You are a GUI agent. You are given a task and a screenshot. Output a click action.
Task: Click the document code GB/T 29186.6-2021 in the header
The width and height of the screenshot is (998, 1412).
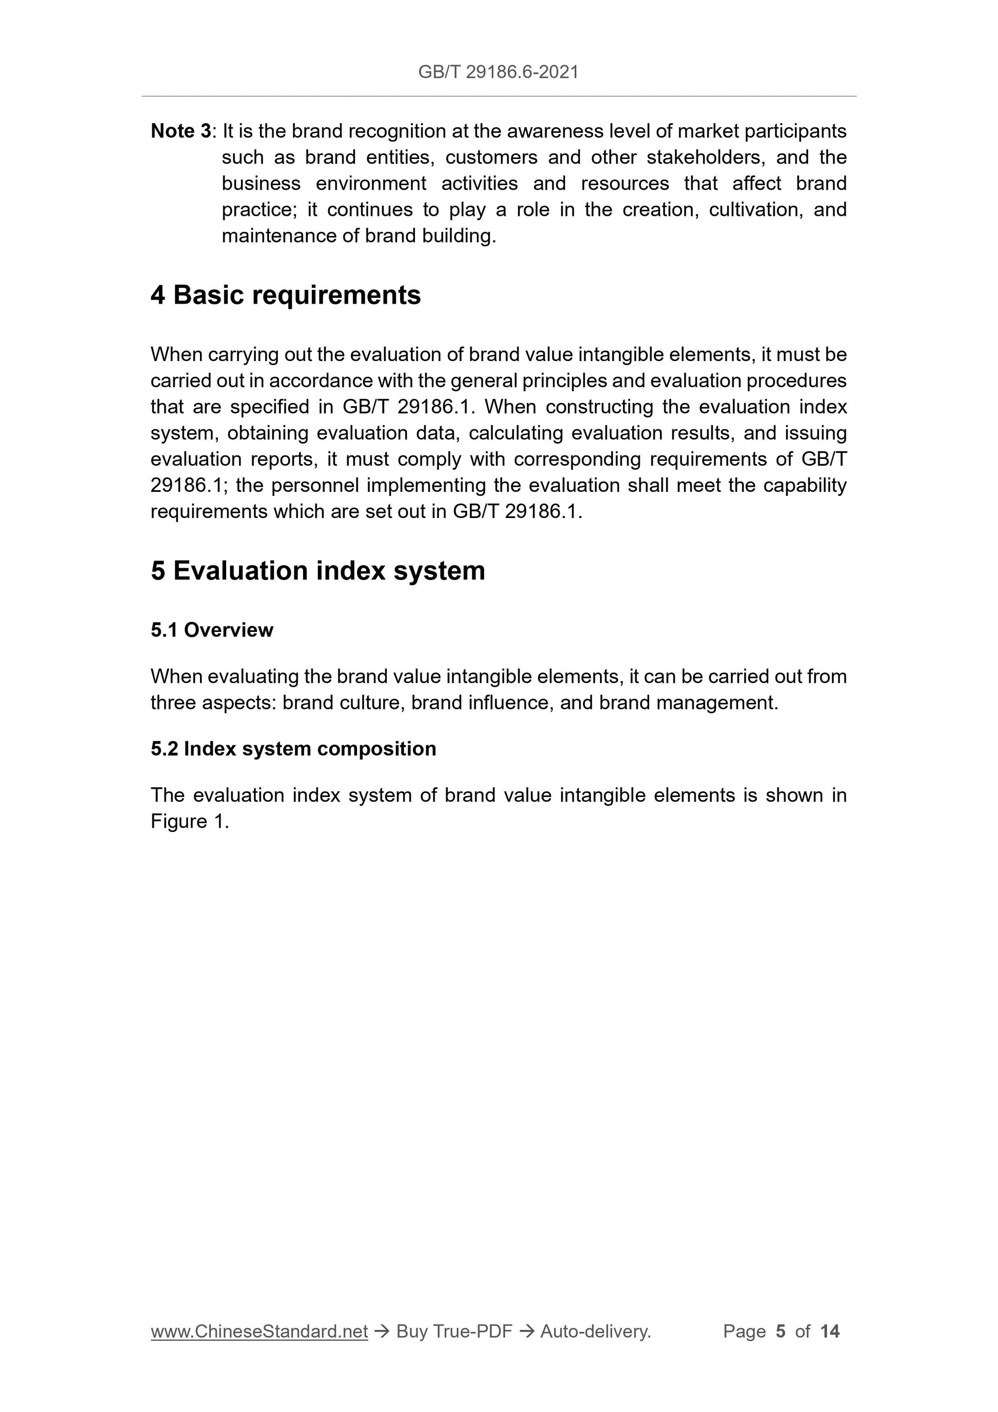pos(498,72)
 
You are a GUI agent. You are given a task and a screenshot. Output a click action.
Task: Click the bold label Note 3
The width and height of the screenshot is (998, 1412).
pos(181,131)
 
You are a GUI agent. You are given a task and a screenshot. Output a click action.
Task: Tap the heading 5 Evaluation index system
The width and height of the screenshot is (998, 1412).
pos(317,571)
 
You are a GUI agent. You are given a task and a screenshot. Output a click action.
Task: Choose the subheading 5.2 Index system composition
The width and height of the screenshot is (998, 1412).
pos(293,748)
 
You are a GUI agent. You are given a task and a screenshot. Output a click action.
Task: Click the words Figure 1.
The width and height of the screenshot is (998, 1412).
pos(189,822)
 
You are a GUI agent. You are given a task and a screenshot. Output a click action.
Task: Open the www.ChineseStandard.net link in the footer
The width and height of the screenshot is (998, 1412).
pos(259,1331)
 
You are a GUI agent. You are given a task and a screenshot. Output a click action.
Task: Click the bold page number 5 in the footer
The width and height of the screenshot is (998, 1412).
pos(781,1331)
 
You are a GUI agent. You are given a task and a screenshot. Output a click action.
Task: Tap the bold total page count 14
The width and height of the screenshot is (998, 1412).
pos(829,1331)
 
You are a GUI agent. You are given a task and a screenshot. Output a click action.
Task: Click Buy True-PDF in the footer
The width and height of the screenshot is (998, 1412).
pos(454,1331)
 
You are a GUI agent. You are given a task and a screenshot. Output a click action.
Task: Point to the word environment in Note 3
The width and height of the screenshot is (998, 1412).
pos(371,183)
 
